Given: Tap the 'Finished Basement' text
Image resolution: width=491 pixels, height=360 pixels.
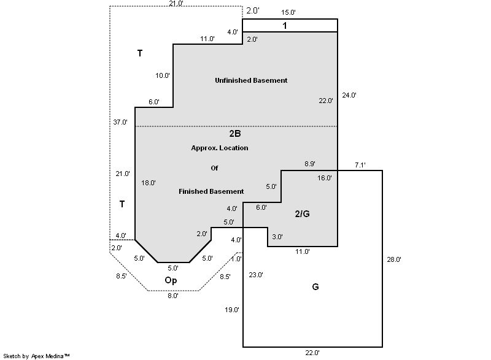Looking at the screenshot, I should tap(211, 191).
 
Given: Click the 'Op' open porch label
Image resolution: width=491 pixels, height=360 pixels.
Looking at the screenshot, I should tap(171, 280).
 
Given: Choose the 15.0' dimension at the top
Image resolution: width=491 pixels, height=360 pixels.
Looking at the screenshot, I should tap(288, 12).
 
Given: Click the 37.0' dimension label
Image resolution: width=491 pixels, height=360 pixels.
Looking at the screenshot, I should tap(120, 122).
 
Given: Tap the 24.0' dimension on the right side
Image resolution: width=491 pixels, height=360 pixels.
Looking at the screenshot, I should tap(349, 95).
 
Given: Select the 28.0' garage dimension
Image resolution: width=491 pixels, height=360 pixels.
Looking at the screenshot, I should tap(393, 259).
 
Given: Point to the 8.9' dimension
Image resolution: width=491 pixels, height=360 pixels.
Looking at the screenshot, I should tap(310, 164).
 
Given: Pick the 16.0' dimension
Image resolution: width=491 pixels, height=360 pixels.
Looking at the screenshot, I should tap(325, 178).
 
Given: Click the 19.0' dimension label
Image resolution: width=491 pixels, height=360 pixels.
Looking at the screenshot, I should tap(231, 310).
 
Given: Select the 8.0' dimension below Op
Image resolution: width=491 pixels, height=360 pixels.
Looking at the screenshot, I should tap(173, 296).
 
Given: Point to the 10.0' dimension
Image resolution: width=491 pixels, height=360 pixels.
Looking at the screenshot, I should tap(163, 75).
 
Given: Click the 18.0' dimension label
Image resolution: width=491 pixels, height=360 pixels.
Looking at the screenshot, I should tap(149, 182).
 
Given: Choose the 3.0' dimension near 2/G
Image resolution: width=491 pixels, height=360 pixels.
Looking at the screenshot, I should tap(277, 237).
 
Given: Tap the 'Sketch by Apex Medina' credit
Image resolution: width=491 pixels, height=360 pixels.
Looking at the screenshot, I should tap(36, 355).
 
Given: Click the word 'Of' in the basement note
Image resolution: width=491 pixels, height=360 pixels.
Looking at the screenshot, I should tap(214, 167).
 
